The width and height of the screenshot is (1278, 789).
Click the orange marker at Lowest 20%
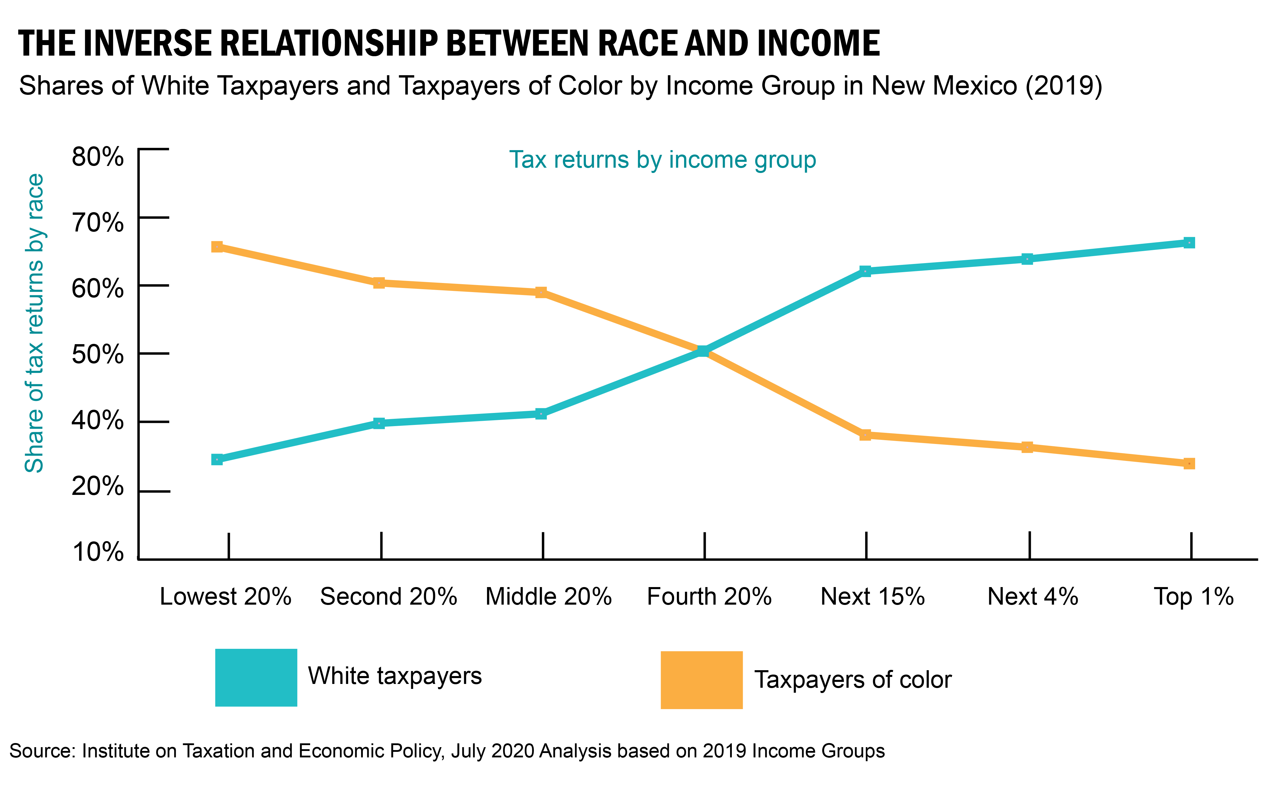coord(217,247)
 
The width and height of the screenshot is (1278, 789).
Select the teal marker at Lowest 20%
coord(217,459)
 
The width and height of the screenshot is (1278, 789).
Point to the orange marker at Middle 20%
coord(541,292)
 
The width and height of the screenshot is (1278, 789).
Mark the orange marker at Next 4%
coord(1027,447)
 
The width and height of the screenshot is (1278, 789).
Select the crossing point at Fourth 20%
coord(703,351)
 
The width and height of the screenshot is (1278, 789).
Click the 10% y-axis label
coord(98,552)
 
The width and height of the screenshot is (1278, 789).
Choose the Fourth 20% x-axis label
coord(709,596)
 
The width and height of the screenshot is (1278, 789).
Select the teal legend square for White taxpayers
coord(256,677)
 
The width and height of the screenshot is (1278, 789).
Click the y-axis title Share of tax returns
coord(35,324)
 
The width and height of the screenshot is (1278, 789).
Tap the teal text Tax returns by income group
coord(662,160)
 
